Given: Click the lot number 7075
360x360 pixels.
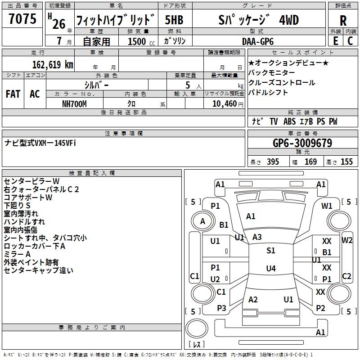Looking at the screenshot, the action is [x=22, y=19].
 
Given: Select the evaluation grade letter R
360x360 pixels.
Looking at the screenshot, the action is [x=343, y=20].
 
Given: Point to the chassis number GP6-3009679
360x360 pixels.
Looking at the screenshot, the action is [x=302, y=144].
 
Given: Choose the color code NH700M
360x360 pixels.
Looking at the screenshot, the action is [x=75, y=103].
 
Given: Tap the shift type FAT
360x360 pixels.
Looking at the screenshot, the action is [x=13, y=94].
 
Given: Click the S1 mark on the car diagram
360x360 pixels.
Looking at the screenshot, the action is [x=270, y=251].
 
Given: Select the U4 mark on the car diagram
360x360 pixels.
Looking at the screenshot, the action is [x=270, y=269].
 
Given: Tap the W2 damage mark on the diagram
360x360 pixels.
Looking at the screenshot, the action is [x=347, y=240].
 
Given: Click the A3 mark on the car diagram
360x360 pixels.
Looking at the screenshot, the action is [x=257, y=237].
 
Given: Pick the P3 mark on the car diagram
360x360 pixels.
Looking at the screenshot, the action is [x=221, y=308].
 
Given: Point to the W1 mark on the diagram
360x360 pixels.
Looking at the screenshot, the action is [x=327, y=206].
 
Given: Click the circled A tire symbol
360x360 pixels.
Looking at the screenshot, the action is [x=202, y=221].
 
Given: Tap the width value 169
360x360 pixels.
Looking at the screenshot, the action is [x=310, y=162].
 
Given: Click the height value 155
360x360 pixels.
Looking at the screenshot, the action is [x=346, y=162].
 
